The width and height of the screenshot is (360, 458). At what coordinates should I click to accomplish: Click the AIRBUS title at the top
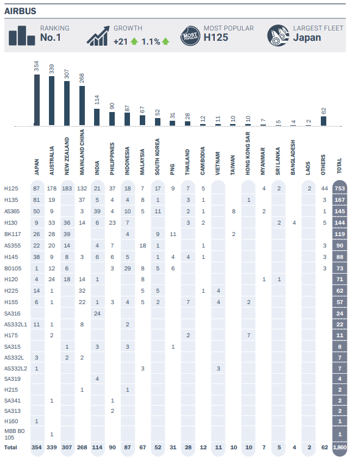tap(21, 11)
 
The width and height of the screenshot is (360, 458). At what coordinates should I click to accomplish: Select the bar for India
tap(97, 117)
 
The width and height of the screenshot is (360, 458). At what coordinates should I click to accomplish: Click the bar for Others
tap(323, 121)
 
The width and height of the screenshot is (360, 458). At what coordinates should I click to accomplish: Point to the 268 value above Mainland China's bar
tap(82, 78)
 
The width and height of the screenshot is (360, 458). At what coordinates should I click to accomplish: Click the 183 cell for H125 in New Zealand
tap(67, 188)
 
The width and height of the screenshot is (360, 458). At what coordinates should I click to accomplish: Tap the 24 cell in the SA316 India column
tap(97, 313)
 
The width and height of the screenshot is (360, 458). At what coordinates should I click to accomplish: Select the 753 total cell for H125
tap(340, 188)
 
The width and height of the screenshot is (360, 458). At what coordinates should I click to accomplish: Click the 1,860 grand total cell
tap(340, 448)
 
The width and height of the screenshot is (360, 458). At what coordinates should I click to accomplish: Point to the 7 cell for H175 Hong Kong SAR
tap(248, 335)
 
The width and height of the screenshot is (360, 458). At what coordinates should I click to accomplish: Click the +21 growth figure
tap(121, 41)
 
